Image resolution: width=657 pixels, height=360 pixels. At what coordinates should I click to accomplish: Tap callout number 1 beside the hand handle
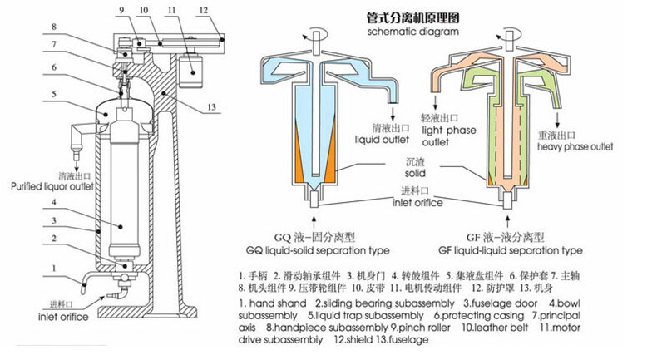[x=52, y=268]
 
